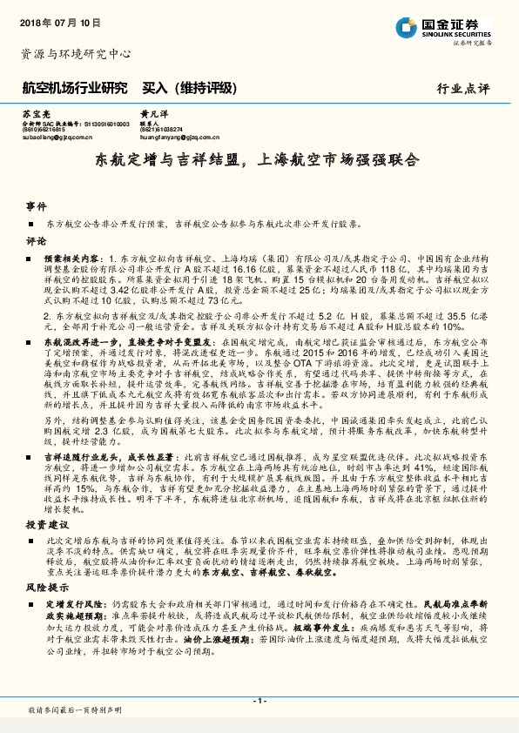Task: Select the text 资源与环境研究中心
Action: click(x=76, y=54)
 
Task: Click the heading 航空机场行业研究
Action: click(x=74, y=88)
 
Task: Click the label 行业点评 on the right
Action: click(x=465, y=89)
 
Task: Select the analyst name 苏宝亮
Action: click(x=34, y=115)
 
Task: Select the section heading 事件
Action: click(x=36, y=207)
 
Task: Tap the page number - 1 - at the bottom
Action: click(x=259, y=701)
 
